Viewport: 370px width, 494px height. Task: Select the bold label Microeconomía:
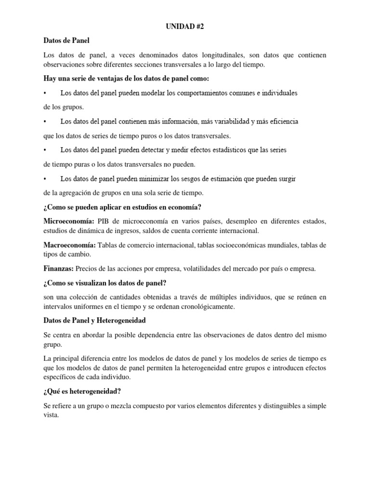[x=69, y=221]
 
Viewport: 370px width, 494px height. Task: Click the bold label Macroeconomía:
[x=69, y=246]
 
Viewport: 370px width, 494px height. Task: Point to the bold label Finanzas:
[x=59, y=269]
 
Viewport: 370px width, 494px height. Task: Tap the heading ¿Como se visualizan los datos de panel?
[x=105, y=283]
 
